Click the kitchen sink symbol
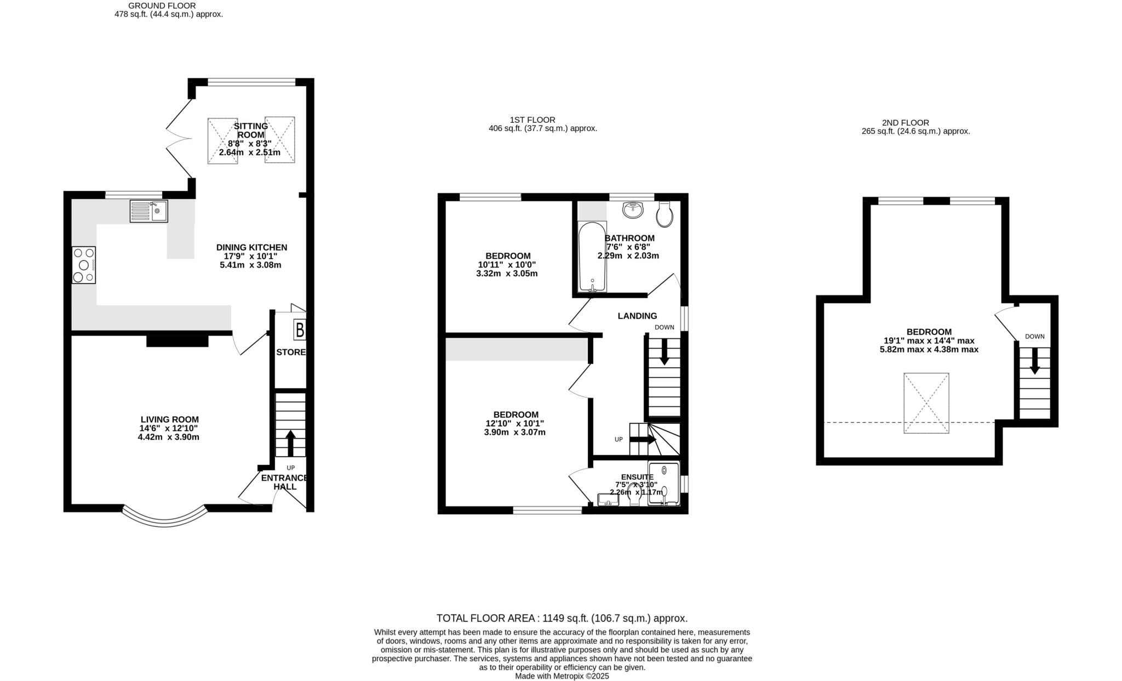pos(148,211)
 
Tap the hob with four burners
pos(84,265)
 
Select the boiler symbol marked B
pos(300,330)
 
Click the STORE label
pos(290,352)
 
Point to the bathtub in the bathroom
pos(592,257)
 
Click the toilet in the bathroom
pos(664,214)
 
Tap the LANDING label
pos(637,316)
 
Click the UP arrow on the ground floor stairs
pos(290,443)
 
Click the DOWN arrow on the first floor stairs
pos(664,352)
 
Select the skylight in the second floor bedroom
pos(926,403)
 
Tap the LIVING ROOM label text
pos(169,419)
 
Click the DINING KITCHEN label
pos(251,247)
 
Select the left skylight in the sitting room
pos(222,140)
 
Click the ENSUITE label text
pos(637,477)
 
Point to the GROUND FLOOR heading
pos(162,5)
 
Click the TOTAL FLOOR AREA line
pos(562,618)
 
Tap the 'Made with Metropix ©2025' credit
pos(562,676)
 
